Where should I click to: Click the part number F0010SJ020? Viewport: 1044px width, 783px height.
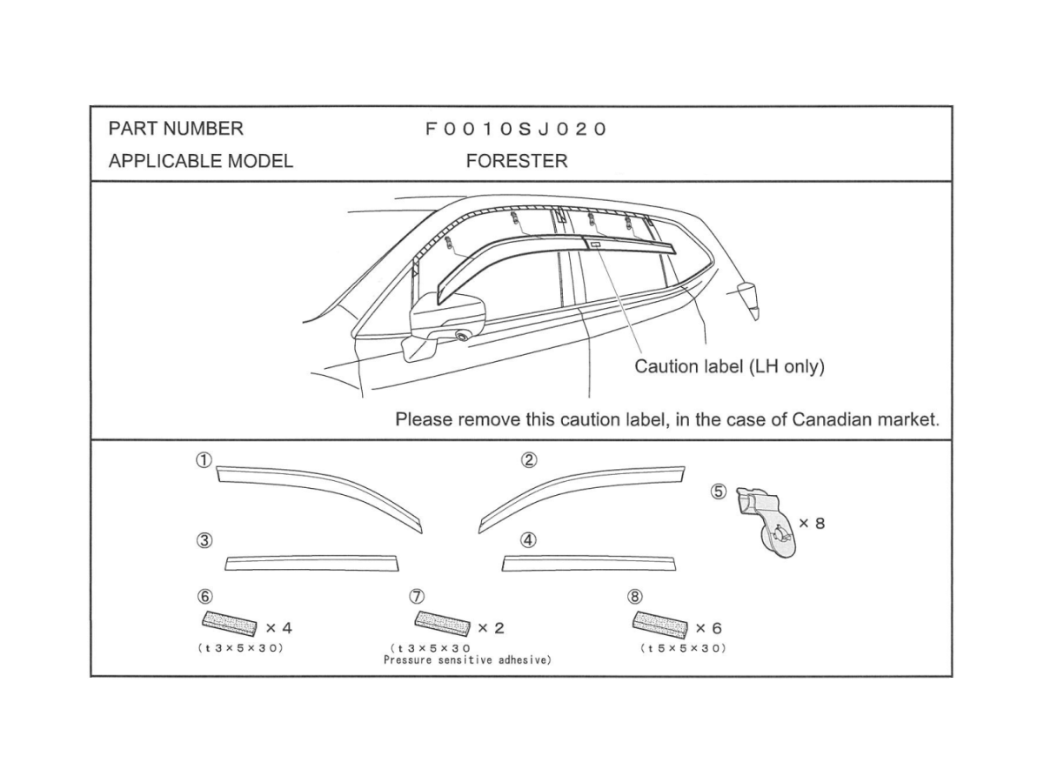515,130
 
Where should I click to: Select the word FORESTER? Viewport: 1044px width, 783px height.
516,161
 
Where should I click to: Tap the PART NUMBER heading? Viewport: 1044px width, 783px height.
176,129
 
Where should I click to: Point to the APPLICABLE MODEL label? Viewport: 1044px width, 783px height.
200,161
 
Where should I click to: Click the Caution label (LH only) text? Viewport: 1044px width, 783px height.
729,366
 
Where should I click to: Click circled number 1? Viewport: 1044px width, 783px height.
204,460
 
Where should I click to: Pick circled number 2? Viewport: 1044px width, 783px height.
529,460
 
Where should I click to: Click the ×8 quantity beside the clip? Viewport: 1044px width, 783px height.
812,524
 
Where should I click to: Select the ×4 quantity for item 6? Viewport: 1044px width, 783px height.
278,627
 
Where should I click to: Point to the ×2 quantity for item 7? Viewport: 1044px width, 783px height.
491,627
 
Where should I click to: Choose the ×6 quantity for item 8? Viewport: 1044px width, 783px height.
708,627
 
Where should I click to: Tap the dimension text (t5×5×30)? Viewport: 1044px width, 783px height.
683,648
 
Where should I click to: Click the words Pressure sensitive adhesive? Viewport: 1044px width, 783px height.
467,660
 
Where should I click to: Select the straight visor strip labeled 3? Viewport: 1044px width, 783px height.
311,563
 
